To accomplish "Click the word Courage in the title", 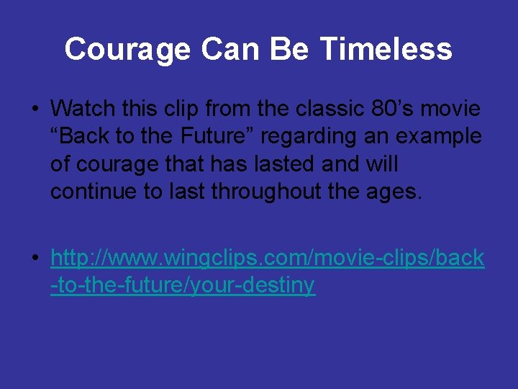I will (127, 50).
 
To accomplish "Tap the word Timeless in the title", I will (386, 50).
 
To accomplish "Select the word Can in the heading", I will (231, 50).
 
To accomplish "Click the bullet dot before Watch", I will (35, 109).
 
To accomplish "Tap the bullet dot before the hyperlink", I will (35, 259).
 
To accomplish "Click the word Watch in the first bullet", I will (79, 109).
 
